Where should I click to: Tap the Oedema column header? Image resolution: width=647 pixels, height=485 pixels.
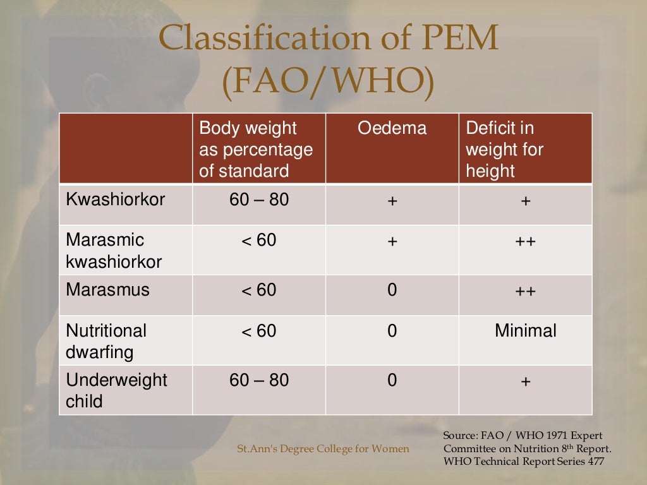pyautogui.click(x=392, y=129)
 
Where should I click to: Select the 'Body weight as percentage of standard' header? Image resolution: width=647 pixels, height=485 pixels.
pyautogui.click(x=256, y=150)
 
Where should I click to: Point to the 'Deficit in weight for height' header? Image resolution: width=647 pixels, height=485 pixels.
pyautogui.click(x=504, y=150)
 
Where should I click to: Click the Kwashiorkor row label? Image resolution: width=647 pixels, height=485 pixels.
pyautogui.click(x=115, y=200)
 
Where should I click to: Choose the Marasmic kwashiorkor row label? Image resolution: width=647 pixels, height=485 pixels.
pyautogui.click(x=114, y=251)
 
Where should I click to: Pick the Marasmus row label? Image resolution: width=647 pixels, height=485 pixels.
pyautogui.click(x=107, y=290)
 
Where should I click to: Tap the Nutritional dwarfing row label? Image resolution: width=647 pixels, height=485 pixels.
pyautogui.click(x=106, y=341)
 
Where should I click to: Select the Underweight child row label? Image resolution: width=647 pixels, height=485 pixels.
pyautogui.click(x=116, y=391)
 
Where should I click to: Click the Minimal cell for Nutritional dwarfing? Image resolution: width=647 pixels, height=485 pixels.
pyautogui.click(x=526, y=331)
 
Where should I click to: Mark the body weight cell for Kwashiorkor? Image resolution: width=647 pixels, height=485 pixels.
pyautogui.click(x=259, y=200)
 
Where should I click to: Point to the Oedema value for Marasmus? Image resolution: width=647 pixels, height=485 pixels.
pyautogui.click(x=392, y=290)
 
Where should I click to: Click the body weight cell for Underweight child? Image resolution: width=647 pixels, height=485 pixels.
pyautogui.click(x=259, y=380)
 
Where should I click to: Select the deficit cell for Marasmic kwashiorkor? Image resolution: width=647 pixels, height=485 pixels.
pyautogui.click(x=526, y=241)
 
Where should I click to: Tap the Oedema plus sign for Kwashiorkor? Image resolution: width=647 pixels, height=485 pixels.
pyautogui.click(x=392, y=201)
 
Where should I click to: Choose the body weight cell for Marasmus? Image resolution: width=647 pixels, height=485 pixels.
pyautogui.click(x=259, y=290)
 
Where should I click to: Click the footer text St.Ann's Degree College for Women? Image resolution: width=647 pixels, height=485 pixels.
pyautogui.click(x=323, y=449)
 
